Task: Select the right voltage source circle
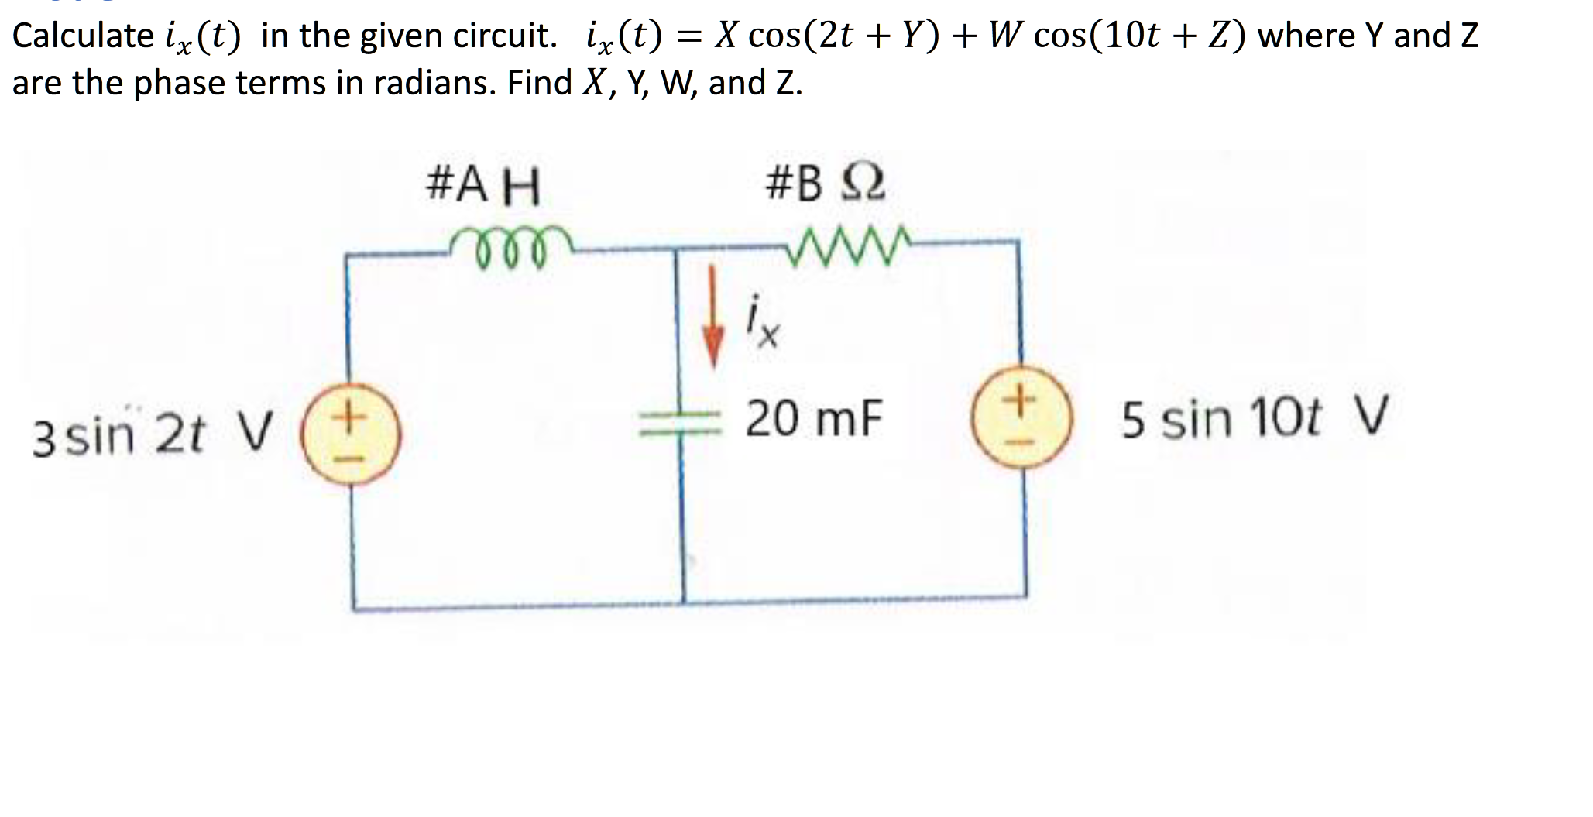pos(1022,420)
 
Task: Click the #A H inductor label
pos(483,187)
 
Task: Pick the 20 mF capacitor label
pos(814,418)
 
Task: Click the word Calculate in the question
pos(83,36)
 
